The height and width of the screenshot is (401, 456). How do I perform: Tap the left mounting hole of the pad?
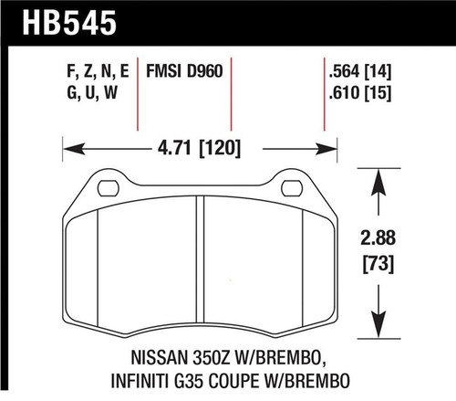pos(107,189)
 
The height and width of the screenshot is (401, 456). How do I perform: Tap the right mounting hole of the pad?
pos(291,189)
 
